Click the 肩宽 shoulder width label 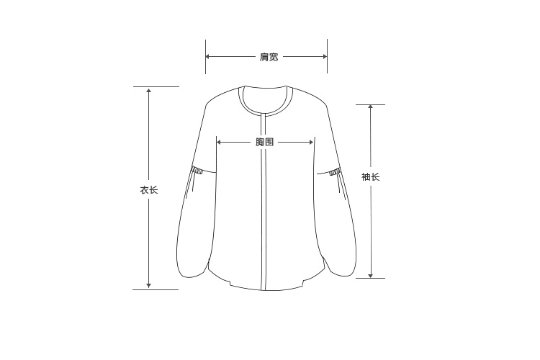(269, 57)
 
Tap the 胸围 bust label (264, 142)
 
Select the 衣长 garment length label (149, 190)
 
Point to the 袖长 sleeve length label (371, 176)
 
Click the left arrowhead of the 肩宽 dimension (208, 56)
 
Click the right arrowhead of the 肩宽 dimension (325, 56)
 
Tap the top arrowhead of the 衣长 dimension (148, 90)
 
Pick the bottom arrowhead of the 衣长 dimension (148, 285)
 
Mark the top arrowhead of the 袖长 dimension (371, 107)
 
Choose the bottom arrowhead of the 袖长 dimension (371, 275)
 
